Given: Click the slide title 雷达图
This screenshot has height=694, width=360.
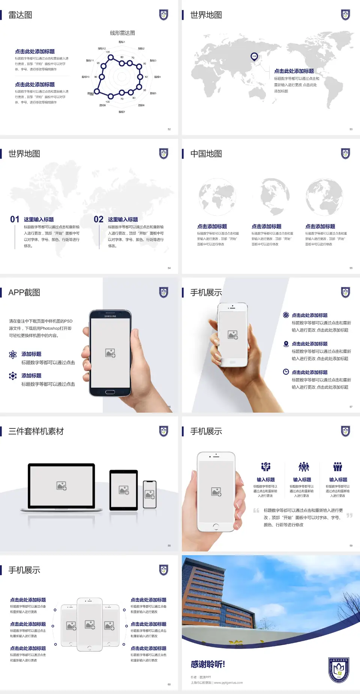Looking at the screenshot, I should pos(20,15).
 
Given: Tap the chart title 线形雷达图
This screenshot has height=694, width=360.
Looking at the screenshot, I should pos(122,33).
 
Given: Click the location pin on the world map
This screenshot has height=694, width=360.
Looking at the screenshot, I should pos(254,57).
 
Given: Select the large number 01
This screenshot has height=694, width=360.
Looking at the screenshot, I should pos(15,219).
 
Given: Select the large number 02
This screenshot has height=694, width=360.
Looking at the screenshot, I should pos(99,219).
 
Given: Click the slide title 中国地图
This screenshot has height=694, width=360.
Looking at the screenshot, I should pos(206,154).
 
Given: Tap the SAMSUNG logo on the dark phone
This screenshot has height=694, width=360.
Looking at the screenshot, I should pos(110,316).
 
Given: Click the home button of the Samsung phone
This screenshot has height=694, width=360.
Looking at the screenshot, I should pos(110,392).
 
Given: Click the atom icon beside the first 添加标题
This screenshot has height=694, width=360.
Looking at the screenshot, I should pos(13,355).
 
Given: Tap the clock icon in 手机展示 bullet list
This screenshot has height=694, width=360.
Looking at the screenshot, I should pos(286,372).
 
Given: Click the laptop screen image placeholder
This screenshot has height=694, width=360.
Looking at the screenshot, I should pos(61,486).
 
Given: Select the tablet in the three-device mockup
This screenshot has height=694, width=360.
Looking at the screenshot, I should pos(124,490).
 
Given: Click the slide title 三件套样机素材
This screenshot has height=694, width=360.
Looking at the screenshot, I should pos(36,431).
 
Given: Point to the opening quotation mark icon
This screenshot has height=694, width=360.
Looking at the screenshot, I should pos(256,511).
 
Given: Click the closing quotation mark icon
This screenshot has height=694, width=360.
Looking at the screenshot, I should pos(349,515).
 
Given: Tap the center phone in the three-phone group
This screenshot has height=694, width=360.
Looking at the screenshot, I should pos(90,625).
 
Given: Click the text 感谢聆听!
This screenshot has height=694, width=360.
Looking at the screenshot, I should pos(208,664).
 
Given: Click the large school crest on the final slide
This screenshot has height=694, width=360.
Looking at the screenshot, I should pos(339,670).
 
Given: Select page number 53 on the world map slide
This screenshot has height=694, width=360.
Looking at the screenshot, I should pos(351,129).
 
